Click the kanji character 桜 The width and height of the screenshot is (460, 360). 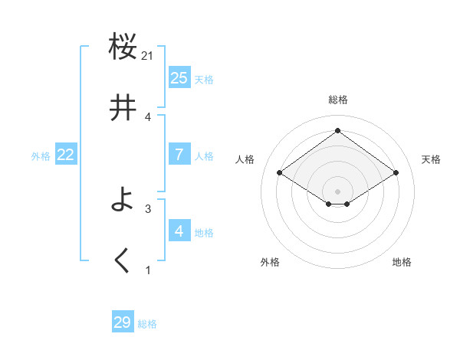pyautogui.click(x=123, y=47)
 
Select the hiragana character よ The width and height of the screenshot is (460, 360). pyautogui.click(x=123, y=200)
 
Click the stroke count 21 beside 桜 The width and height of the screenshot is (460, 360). pyautogui.click(x=148, y=55)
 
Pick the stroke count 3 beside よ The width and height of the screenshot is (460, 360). pyautogui.click(x=148, y=208)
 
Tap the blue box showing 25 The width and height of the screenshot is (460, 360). pyautogui.click(x=179, y=78)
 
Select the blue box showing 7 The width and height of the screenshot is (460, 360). pyautogui.click(x=179, y=155)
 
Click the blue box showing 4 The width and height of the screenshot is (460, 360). pyautogui.click(x=179, y=231)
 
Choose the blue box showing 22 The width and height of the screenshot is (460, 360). pyautogui.click(x=66, y=155)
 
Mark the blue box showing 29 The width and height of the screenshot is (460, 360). pyautogui.click(x=123, y=322)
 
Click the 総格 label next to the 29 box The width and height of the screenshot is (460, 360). pyautogui.click(x=147, y=324)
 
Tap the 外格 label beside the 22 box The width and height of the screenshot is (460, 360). pyautogui.click(x=41, y=156)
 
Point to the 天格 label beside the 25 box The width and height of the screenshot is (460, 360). pyautogui.click(x=204, y=80)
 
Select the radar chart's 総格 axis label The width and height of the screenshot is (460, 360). pyautogui.click(x=338, y=100)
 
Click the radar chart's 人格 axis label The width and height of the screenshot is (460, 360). pyautogui.click(x=245, y=159)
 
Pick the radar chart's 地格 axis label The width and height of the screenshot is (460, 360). pyautogui.click(x=402, y=262)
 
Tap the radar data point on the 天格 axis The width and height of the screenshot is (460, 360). pyautogui.click(x=396, y=173)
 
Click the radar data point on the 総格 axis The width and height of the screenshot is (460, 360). pyautogui.click(x=338, y=130)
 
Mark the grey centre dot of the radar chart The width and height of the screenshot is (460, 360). pyautogui.click(x=338, y=191)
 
